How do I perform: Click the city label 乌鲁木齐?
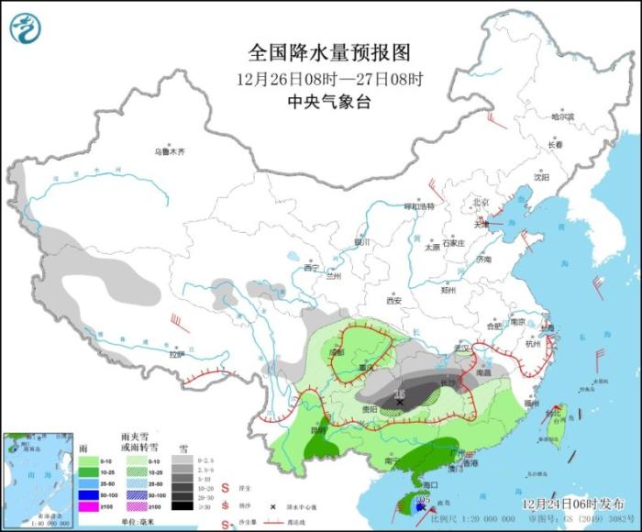tap(169, 150)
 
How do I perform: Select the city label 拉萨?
tap(176, 353)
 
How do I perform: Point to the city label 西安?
tap(394, 300)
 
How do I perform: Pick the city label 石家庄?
tap(454, 243)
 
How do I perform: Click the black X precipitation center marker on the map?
tap(400, 402)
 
